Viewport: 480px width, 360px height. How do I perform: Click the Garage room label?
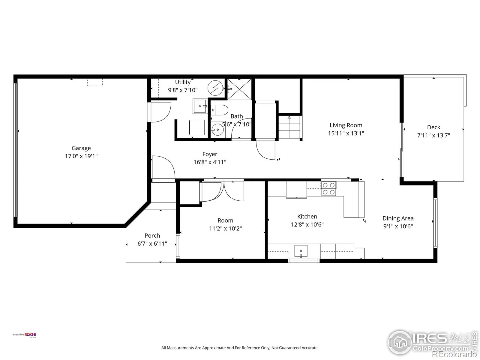(x=81, y=148)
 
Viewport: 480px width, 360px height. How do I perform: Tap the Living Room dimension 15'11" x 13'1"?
(x=346, y=133)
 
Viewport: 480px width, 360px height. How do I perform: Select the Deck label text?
(x=433, y=127)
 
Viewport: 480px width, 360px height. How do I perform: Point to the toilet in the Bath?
(x=219, y=110)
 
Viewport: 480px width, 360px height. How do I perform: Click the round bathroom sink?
(x=217, y=130)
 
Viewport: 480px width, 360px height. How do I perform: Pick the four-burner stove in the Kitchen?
(x=329, y=188)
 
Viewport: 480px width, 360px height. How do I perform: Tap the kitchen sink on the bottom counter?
(x=301, y=251)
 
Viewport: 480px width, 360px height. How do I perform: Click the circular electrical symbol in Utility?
(x=215, y=88)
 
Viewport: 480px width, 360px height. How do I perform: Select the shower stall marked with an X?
(x=240, y=89)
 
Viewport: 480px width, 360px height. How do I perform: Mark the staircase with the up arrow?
(x=289, y=127)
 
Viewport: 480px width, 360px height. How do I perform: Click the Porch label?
(x=152, y=235)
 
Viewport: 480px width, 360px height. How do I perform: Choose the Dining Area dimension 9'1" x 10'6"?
(x=398, y=226)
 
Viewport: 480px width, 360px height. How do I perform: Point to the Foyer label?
(x=210, y=154)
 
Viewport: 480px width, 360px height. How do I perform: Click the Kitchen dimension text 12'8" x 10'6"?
(x=307, y=224)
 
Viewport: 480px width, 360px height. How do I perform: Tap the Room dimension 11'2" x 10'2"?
(x=226, y=228)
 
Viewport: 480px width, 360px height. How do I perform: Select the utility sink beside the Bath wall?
(x=200, y=106)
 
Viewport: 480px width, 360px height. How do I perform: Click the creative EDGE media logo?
(x=25, y=335)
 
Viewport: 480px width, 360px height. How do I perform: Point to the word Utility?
(x=183, y=82)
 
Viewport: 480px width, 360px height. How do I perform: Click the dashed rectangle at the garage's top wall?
(x=95, y=82)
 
